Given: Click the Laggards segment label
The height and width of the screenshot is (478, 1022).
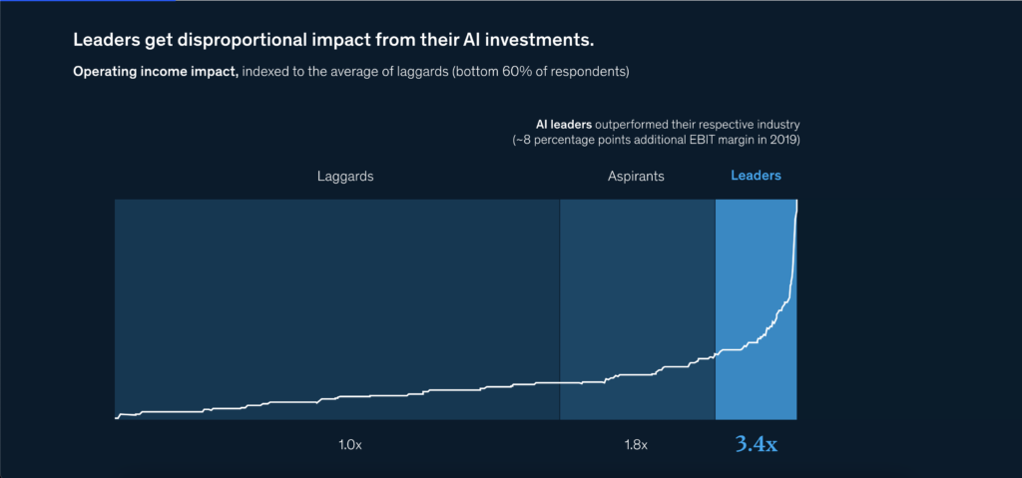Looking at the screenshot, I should pos(345,176).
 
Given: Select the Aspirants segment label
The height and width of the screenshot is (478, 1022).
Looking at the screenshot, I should pos(636,176).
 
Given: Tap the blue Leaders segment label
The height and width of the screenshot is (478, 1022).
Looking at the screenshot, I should pos(756,176).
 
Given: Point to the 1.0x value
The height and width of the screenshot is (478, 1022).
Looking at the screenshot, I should pos(349,444).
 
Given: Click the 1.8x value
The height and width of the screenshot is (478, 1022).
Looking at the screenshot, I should pos(636,444).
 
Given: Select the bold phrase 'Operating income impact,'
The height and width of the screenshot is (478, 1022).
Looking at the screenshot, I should pos(155,73).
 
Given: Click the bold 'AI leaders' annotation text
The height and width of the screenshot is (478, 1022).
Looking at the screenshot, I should pos(564,124).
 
